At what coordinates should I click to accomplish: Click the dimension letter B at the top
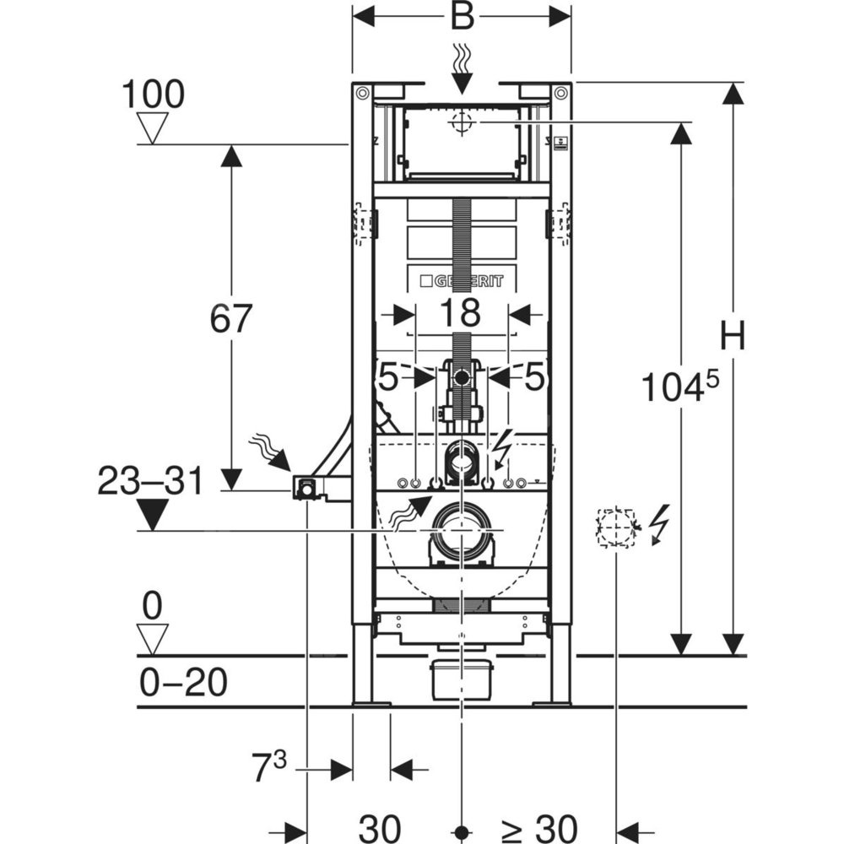click(x=462, y=16)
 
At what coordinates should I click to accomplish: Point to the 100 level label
click(x=154, y=95)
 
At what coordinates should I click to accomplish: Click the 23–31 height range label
click(x=151, y=482)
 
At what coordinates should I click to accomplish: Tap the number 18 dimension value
click(x=461, y=313)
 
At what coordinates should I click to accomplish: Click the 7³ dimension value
click(x=268, y=769)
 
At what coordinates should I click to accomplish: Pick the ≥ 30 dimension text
click(x=539, y=828)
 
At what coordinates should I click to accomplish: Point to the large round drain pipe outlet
click(x=461, y=529)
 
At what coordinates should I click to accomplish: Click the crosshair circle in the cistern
click(x=462, y=123)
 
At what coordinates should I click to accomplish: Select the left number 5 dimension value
click(x=388, y=378)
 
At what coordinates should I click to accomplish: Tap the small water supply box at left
click(x=305, y=487)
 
